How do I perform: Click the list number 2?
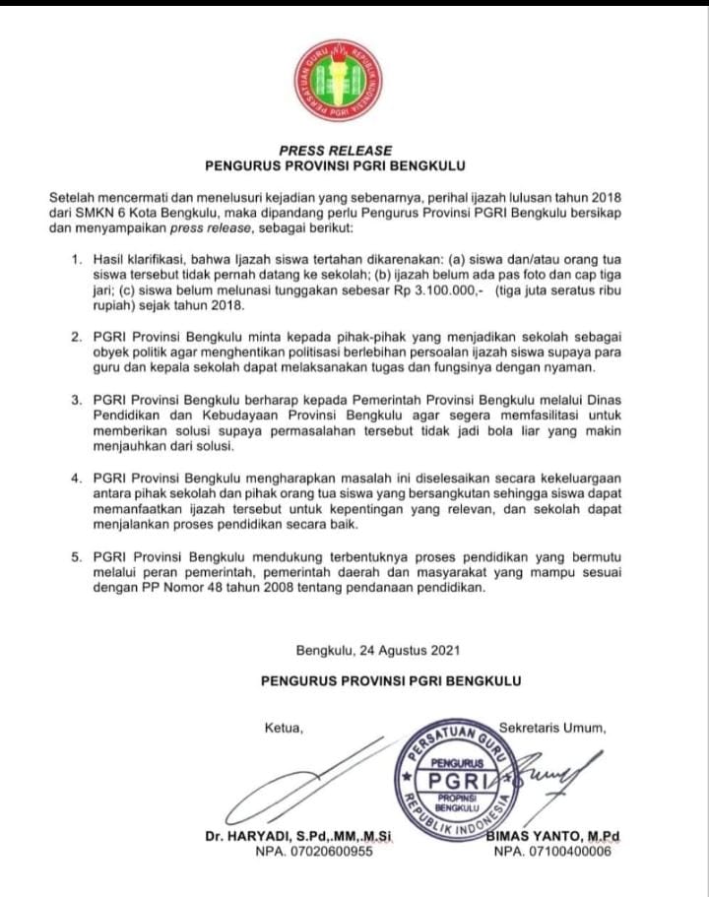[x=79, y=337]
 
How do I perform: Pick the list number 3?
[x=79, y=400]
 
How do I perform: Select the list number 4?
[x=79, y=479]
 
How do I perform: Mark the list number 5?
[x=79, y=557]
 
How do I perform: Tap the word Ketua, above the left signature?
[x=285, y=729]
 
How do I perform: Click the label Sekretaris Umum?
[x=552, y=729]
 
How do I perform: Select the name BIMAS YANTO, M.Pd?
[x=553, y=837]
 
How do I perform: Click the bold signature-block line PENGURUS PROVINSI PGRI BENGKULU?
[x=391, y=680]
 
